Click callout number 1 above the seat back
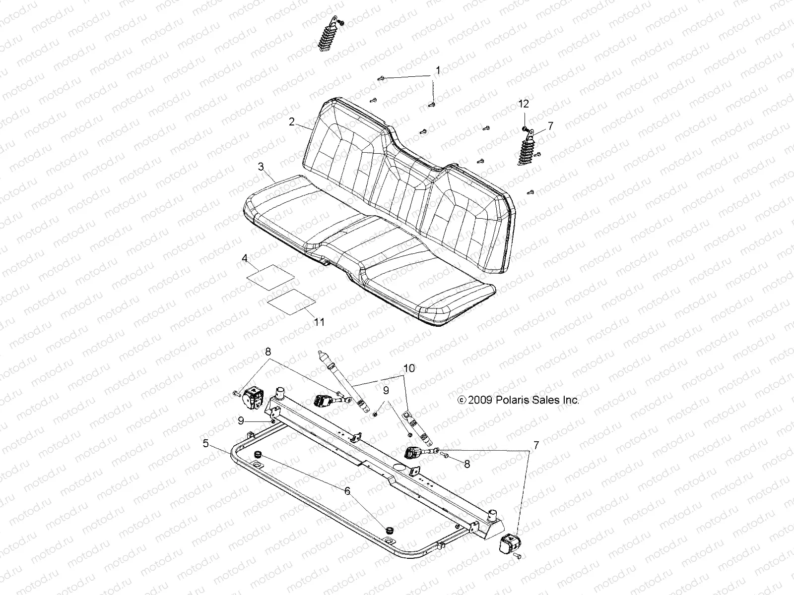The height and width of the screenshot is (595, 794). [437, 70]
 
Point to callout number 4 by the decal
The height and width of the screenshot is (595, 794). [244, 258]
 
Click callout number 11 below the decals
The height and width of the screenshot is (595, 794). [319, 322]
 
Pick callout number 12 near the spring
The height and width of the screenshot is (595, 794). [524, 104]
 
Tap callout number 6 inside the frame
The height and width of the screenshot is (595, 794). [347, 491]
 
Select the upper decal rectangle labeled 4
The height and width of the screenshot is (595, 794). [271, 276]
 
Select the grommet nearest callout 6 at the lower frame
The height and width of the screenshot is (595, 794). [389, 530]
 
